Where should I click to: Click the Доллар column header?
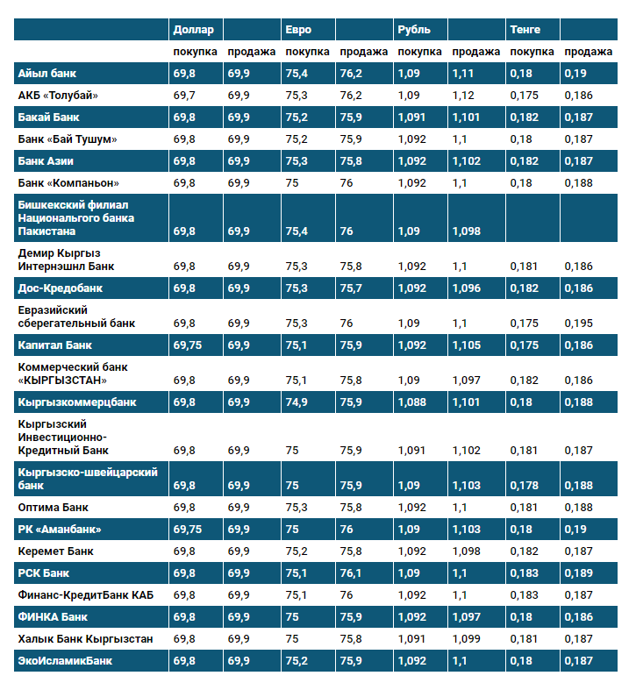click(193, 30)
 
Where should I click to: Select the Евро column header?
click(298, 30)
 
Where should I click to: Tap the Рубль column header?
click(414, 30)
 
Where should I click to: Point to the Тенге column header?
click(525, 30)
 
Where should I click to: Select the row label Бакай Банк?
click(49, 117)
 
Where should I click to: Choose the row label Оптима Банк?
click(53, 508)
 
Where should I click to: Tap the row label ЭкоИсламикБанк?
click(65, 661)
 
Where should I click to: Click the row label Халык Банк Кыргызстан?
click(85, 639)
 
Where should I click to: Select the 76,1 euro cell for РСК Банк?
click(351, 573)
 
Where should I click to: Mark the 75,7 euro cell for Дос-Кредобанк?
click(351, 288)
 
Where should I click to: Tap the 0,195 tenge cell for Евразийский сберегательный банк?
click(578, 324)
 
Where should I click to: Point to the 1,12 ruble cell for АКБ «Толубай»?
click(463, 96)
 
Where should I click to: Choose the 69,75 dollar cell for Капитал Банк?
click(188, 345)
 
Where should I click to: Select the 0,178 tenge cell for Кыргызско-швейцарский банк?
click(524, 485)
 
